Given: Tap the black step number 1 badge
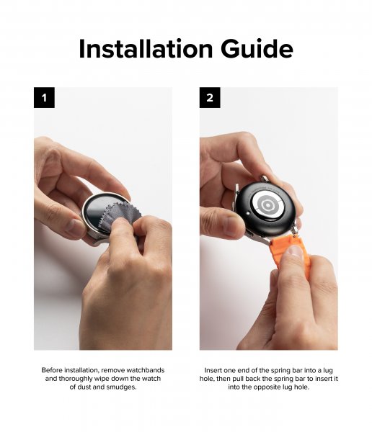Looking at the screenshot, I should point(45,98).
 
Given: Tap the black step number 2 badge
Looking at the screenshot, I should point(210,98).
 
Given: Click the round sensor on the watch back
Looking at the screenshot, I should point(268,205).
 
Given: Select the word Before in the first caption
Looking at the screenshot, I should point(56,369).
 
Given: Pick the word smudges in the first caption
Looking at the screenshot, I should point(118,387).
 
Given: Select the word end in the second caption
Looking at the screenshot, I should point(248,369).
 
